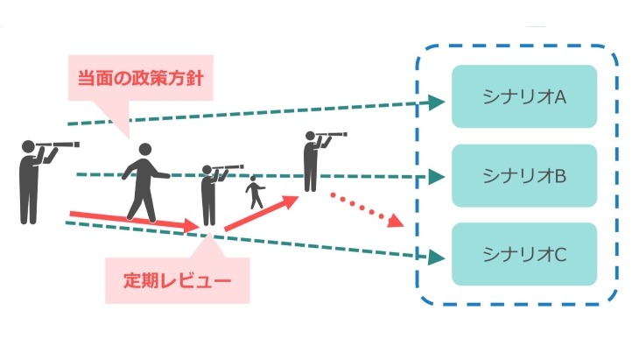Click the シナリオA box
523,96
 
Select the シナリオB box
523,175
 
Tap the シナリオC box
523,254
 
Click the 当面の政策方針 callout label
140,78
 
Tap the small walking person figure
255,193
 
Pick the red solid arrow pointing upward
262,214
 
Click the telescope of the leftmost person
64,145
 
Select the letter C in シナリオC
561,254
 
